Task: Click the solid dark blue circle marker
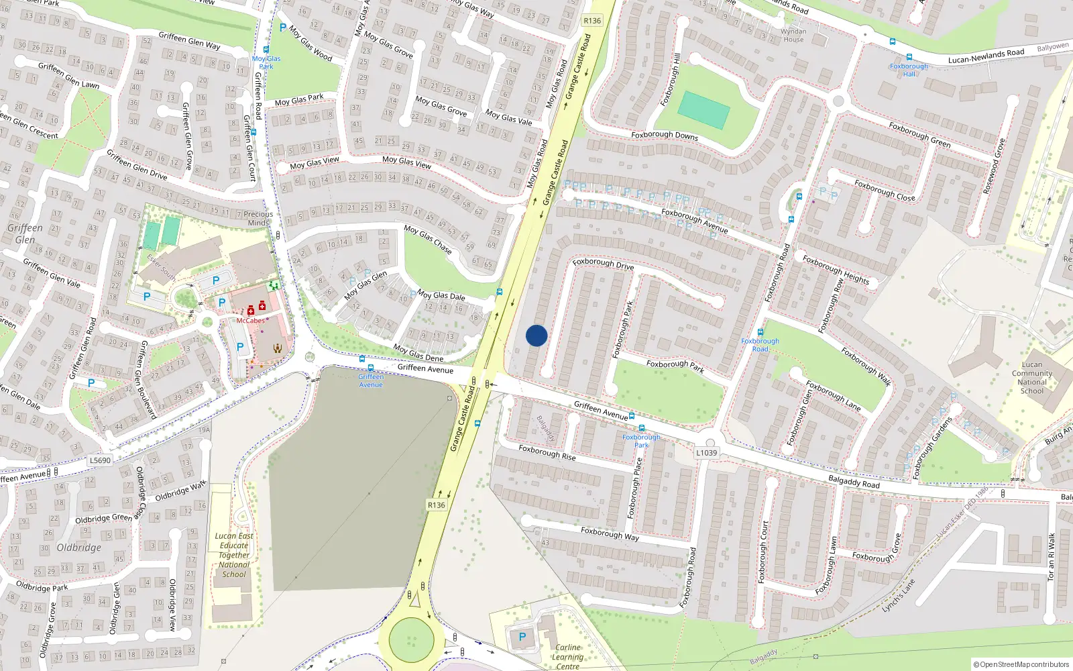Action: point(536,335)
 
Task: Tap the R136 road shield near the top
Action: point(592,21)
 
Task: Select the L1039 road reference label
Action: point(706,453)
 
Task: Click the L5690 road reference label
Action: point(100,460)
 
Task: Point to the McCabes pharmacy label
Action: point(250,321)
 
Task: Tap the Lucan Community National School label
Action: point(1031,378)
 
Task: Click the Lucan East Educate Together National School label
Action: point(234,555)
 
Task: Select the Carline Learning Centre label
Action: point(567,657)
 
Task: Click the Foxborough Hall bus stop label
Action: point(909,70)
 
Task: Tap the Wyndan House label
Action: point(793,36)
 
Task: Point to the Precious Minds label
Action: point(258,218)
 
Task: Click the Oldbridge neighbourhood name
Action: point(79,548)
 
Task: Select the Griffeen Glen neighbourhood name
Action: point(25,234)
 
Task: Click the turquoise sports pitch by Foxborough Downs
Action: point(703,110)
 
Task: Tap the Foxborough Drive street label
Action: point(603,264)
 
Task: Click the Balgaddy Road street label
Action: point(854,482)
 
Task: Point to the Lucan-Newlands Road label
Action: point(986,56)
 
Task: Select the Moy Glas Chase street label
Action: point(428,240)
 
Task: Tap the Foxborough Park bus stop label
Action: point(641,441)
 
